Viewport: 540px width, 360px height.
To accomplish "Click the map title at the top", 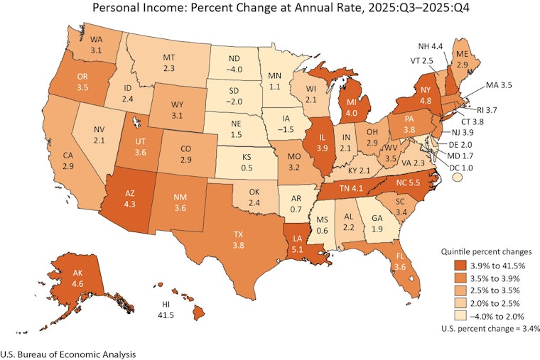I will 270,9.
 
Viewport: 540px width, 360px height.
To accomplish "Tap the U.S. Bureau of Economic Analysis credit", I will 67,351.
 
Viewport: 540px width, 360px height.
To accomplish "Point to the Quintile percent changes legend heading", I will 484,252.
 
